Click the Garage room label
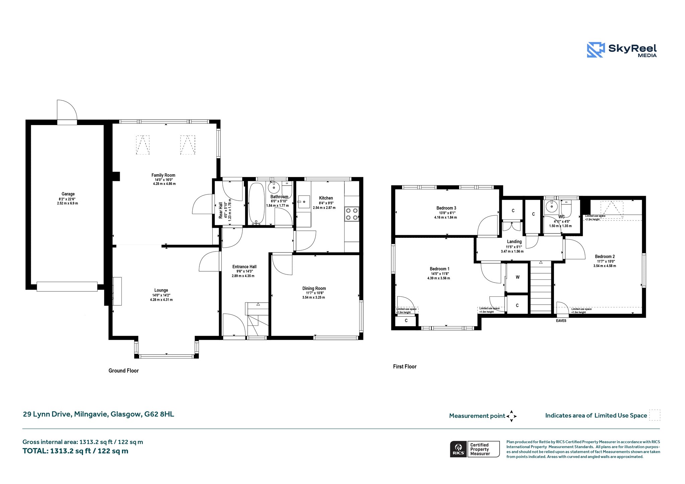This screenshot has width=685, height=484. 68,194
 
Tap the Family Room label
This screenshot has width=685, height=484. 163,175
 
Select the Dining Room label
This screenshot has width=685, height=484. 314,288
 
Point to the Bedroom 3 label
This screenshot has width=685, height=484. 446,208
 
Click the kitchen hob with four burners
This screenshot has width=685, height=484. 352,214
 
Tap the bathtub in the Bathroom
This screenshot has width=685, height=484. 257,203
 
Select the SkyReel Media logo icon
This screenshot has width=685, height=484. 596,50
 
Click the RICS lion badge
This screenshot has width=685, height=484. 459,449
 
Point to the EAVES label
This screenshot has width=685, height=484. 561,321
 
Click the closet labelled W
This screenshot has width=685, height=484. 517,277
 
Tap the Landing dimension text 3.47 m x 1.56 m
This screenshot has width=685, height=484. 512,252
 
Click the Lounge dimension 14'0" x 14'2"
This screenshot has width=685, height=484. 161,295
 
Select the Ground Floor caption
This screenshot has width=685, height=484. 123,371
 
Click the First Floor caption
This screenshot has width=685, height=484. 405,367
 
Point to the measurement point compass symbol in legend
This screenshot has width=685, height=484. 511,416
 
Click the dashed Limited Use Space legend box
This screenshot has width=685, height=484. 655,415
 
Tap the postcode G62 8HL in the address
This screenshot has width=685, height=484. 159,414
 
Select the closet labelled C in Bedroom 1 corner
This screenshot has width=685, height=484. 406,321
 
